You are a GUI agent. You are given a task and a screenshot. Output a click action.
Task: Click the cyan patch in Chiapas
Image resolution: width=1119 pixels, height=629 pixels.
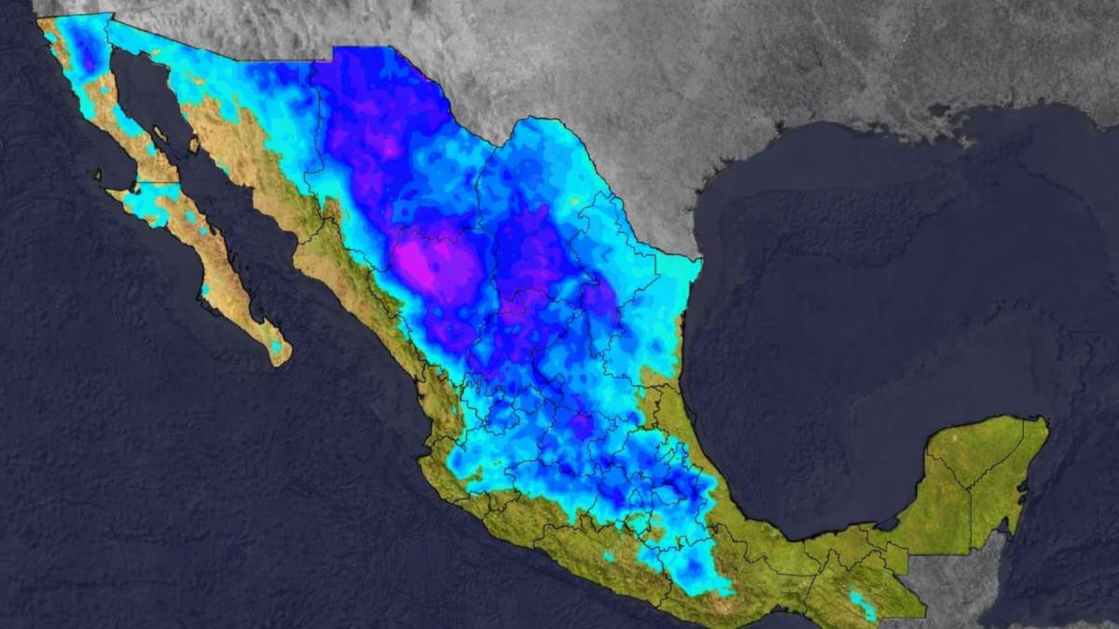pyautogui.click(x=863, y=604)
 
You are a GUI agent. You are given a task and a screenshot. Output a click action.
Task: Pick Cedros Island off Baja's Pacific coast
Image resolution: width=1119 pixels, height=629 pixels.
pyautogui.click(x=99, y=173)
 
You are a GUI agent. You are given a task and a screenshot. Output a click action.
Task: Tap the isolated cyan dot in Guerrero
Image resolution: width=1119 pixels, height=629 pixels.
pyautogui.click(x=608, y=556)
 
